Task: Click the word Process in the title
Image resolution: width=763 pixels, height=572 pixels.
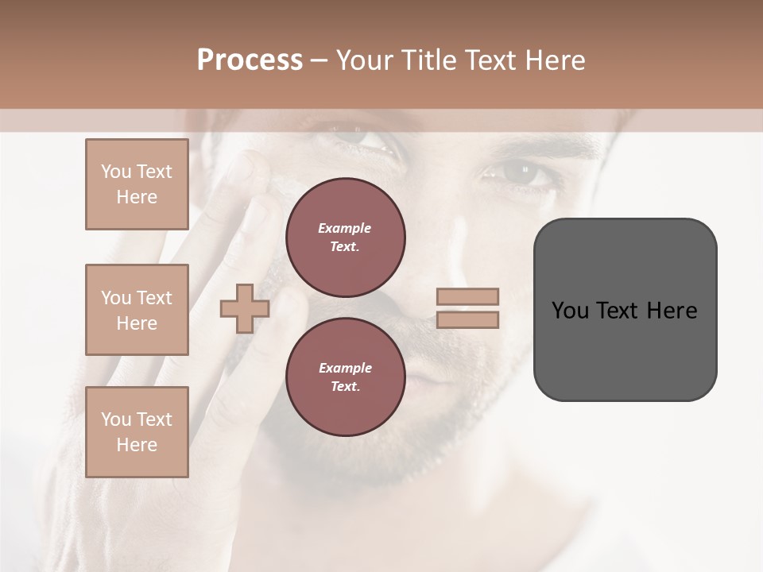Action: [250, 60]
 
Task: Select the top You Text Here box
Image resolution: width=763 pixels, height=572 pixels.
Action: [137, 184]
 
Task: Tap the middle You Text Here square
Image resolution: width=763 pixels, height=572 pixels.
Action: [137, 310]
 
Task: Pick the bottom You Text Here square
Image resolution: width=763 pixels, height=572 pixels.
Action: [137, 432]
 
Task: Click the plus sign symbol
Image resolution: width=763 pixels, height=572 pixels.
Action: [244, 308]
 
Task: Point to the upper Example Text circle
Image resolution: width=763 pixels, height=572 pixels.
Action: [345, 238]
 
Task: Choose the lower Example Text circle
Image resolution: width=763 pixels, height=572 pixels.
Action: [345, 377]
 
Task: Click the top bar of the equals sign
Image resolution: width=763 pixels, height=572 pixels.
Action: [468, 297]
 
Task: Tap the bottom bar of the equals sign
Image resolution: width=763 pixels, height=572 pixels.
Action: [468, 320]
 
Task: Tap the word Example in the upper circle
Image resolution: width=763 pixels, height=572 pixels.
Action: [345, 228]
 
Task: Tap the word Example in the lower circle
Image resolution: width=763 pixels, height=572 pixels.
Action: [345, 368]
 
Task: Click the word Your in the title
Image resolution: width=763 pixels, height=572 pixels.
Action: [364, 60]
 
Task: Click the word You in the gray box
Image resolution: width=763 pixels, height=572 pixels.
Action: [570, 311]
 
